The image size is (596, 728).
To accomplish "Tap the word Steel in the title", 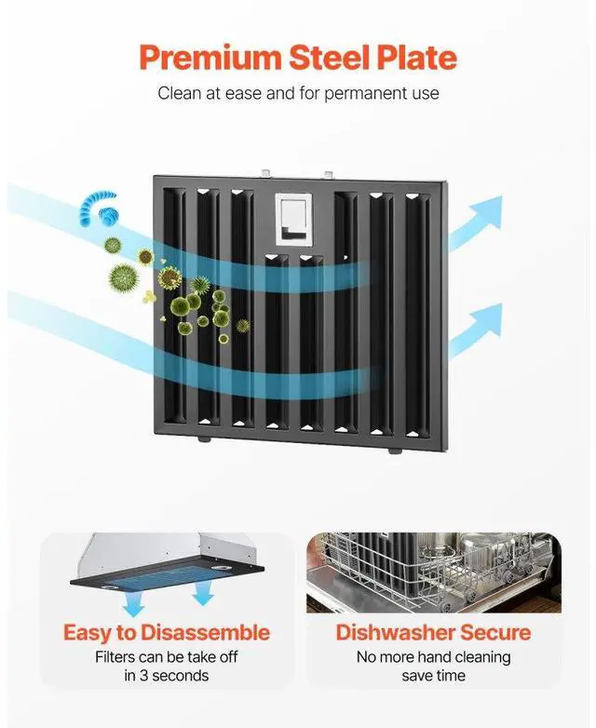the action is point(321,58).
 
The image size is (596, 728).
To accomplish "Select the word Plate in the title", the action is point(413,58).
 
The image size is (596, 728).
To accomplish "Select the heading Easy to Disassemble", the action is point(167,633).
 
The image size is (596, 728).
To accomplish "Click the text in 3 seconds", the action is point(167,675).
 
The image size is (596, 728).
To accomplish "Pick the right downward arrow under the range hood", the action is point(199,595).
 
